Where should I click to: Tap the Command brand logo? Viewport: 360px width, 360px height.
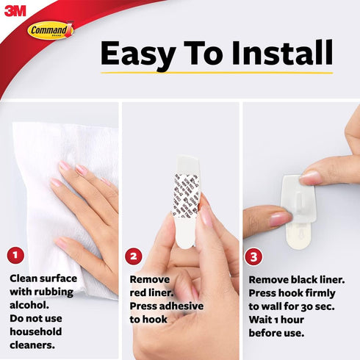click(51, 30)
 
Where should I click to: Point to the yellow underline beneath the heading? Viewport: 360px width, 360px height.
click(217, 73)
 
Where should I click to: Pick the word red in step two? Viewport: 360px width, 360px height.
click(140, 292)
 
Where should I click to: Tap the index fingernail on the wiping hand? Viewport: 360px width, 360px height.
click(65, 166)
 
